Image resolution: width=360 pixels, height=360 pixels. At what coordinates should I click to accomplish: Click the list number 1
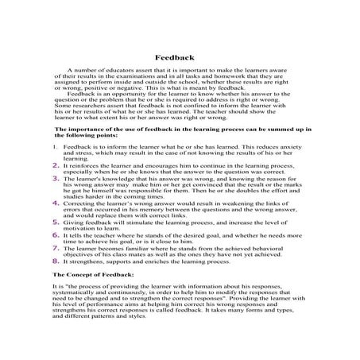click(x=54, y=148)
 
